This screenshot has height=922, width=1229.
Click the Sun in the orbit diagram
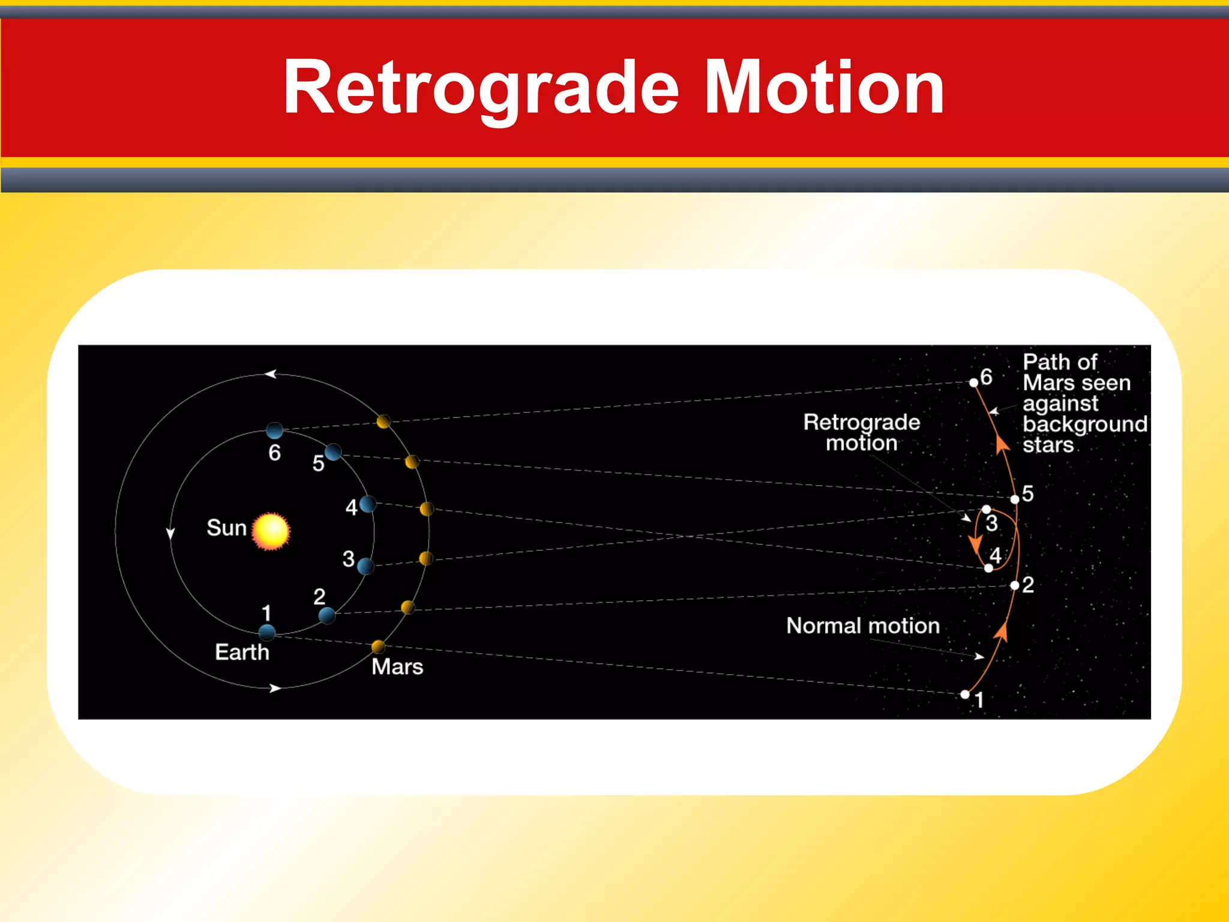coord(271,531)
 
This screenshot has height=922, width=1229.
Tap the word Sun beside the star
coord(226,528)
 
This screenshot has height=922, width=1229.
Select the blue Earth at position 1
coord(267,632)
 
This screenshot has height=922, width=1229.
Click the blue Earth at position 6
coord(274,430)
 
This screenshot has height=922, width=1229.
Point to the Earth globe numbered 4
coord(368,504)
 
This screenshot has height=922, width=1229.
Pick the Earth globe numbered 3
coord(365,565)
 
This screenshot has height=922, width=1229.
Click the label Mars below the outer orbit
coord(397,667)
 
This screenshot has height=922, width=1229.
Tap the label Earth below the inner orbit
coord(242,652)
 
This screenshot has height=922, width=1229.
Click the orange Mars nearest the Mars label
coord(378,646)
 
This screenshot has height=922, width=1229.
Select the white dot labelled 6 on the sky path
coord(973,383)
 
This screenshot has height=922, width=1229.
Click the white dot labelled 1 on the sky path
coord(965,695)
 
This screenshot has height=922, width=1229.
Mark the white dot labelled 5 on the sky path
coord(1015,499)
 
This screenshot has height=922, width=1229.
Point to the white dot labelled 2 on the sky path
coord(1015,585)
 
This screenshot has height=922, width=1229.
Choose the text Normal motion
coord(862,625)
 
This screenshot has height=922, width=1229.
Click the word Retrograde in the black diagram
coord(861,422)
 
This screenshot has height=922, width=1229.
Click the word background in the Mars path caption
coord(1084,424)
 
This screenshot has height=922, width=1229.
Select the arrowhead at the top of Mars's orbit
coord(271,374)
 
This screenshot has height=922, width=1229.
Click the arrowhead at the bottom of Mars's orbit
coord(275,688)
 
